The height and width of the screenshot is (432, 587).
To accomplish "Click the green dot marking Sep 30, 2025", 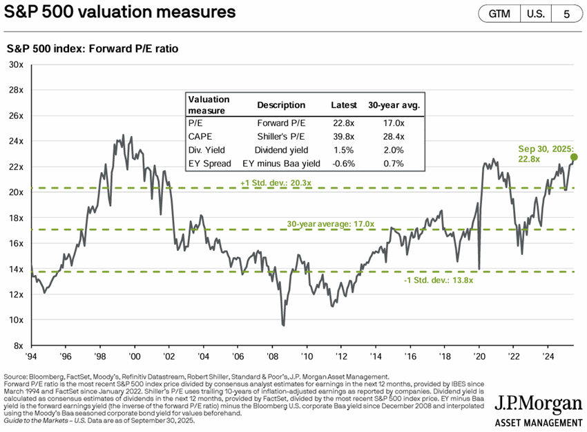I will [574, 157].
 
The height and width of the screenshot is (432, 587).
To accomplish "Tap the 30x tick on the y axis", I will [15, 64].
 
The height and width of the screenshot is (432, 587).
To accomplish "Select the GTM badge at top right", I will [501, 13].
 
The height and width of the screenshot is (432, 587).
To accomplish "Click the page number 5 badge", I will [567, 13].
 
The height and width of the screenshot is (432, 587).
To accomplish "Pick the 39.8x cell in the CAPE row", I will [343, 136].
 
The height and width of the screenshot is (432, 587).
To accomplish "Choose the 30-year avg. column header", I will [394, 106].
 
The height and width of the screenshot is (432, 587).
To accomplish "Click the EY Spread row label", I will [208, 164].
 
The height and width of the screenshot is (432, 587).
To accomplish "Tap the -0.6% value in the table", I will [344, 164].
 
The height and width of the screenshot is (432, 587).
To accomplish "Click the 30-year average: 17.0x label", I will [331, 224].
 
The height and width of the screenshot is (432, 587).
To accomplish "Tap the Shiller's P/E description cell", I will [281, 136].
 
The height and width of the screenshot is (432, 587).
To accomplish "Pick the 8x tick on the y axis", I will [17, 346].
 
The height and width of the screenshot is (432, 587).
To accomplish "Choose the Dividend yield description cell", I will [281, 150].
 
